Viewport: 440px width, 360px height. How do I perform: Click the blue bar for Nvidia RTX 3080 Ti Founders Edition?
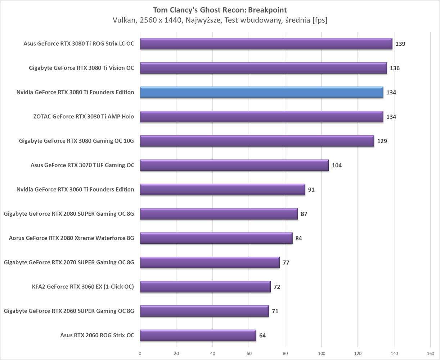tap(261, 93)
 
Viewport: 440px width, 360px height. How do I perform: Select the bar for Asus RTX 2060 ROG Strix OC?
tap(198, 335)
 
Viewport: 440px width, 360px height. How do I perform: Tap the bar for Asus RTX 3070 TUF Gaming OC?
tap(234, 165)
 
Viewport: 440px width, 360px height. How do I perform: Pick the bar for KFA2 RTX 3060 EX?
tap(205, 287)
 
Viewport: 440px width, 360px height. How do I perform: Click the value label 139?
tap(400, 44)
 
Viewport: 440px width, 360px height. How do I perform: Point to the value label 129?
tap(382, 141)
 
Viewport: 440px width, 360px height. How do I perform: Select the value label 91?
tap(311, 190)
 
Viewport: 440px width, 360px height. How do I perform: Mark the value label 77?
tap(286, 262)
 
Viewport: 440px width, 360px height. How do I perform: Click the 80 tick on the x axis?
tap(285, 353)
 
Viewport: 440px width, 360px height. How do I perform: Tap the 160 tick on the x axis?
tap(430, 353)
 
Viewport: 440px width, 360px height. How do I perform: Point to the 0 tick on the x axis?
tap(140, 353)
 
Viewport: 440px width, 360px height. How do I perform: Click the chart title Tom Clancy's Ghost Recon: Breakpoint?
tap(220, 10)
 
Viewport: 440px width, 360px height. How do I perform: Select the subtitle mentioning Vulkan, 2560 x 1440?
tap(220, 21)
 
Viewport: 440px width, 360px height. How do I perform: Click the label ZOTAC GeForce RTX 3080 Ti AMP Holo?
tap(83, 117)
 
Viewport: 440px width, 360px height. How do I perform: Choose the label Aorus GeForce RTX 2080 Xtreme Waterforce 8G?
tap(71, 238)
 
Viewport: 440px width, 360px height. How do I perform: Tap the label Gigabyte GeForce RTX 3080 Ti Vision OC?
tap(81, 68)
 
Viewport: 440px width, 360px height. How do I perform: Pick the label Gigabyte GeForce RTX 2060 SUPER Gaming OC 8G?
tap(69, 311)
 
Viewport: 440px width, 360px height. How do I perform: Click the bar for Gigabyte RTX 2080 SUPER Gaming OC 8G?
tap(219, 214)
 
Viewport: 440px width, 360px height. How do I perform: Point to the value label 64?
tap(262, 336)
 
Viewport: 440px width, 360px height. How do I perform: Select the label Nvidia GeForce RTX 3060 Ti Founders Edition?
tap(75, 189)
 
